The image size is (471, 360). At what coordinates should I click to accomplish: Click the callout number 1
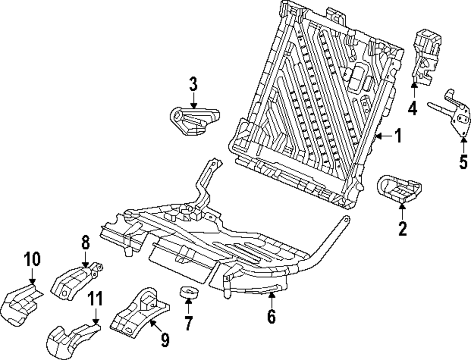click(398, 136)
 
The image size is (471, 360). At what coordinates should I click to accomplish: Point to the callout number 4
click(413, 108)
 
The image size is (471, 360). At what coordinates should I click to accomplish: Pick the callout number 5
click(463, 161)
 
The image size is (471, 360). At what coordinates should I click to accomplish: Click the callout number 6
click(271, 317)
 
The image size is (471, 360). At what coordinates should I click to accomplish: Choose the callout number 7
click(188, 323)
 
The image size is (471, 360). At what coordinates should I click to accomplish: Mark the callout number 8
click(86, 242)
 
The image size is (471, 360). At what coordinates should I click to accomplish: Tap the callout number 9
click(164, 340)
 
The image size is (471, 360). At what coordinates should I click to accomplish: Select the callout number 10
click(32, 259)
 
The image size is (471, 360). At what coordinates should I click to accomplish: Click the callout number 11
click(95, 299)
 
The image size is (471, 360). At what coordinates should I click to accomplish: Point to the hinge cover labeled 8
click(77, 281)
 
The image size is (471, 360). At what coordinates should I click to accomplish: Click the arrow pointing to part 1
click(384, 136)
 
